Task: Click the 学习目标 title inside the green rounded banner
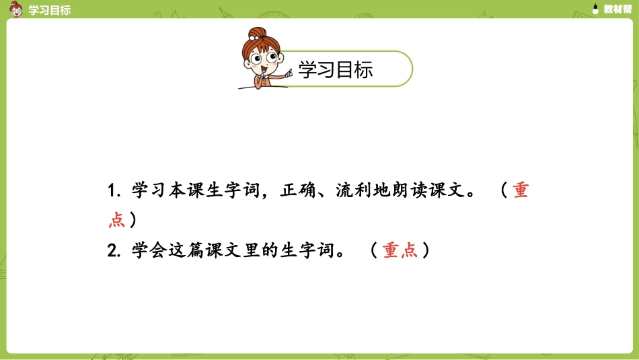point(335,69)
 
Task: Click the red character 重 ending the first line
point(521,190)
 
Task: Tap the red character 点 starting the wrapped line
point(117,220)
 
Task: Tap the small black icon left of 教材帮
point(595,9)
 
